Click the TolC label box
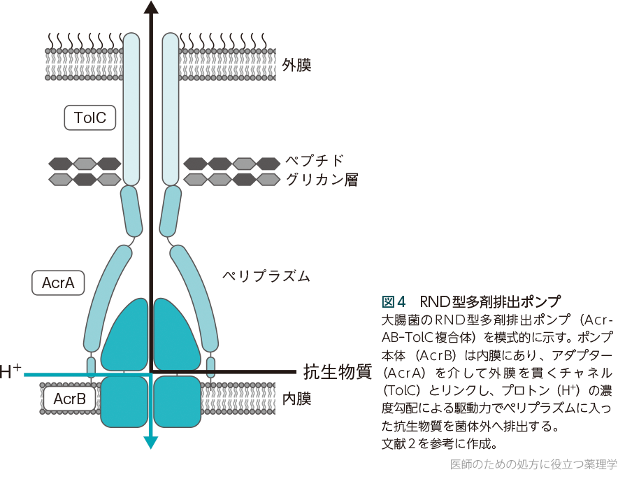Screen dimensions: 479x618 [89, 117]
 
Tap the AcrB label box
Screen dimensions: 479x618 [69, 399]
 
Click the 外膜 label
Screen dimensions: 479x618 [296, 65]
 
